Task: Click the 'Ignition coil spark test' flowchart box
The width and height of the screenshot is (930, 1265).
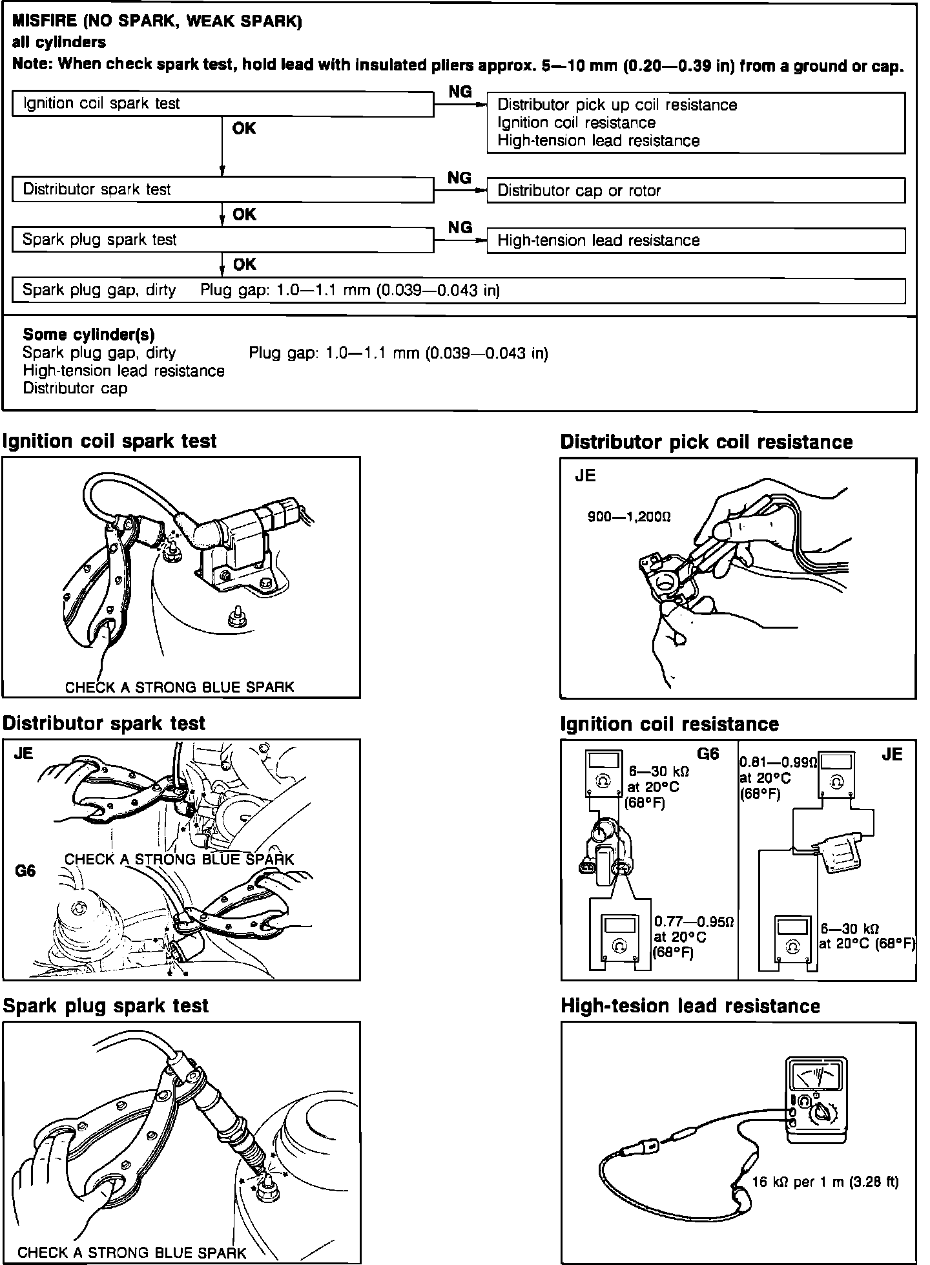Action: point(223,104)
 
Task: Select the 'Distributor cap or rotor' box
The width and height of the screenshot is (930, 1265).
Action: point(696,191)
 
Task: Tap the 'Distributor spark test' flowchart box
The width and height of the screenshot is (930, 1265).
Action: point(223,190)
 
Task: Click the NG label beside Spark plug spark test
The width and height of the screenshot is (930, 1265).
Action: point(460,227)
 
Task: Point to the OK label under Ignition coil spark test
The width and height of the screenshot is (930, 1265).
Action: point(244,129)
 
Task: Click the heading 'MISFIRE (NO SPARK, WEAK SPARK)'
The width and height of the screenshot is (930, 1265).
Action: point(157,22)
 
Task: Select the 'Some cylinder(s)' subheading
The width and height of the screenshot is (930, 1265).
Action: point(88,335)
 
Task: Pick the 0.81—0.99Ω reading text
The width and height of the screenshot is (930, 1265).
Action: point(778,762)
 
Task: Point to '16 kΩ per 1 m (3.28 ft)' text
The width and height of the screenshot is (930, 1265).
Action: point(825,1182)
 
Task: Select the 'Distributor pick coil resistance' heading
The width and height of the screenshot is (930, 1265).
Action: point(707,443)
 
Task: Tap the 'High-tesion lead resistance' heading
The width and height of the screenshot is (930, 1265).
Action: point(690,1006)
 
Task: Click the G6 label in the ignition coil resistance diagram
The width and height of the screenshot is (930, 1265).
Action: point(708,754)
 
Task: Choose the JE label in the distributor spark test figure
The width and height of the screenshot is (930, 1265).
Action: point(23,753)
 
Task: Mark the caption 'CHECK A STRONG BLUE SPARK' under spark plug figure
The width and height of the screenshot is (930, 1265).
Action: point(132,1252)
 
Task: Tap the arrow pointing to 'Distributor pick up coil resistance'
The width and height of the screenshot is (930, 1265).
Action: point(479,104)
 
